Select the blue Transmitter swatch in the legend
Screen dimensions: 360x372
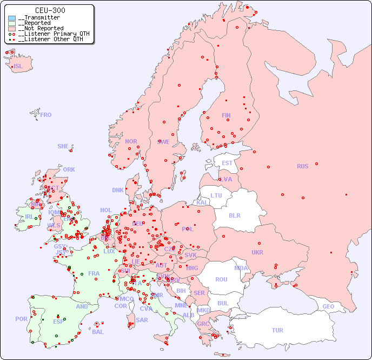[12, 18]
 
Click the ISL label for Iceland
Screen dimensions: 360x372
[18, 67]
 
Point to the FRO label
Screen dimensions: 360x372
[46, 115]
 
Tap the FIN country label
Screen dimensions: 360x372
[226, 115]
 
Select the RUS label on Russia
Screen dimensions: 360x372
[302, 166]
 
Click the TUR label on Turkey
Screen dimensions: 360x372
[277, 330]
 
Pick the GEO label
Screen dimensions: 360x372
[328, 306]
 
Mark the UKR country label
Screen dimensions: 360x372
[257, 252]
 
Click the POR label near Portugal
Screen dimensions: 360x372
[21, 319]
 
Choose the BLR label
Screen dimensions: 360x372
[235, 215]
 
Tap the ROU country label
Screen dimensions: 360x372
[221, 279]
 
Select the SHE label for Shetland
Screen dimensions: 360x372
[63, 146]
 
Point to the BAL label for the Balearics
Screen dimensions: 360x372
[98, 332]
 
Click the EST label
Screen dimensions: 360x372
[227, 163]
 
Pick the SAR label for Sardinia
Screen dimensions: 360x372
[142, 320]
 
